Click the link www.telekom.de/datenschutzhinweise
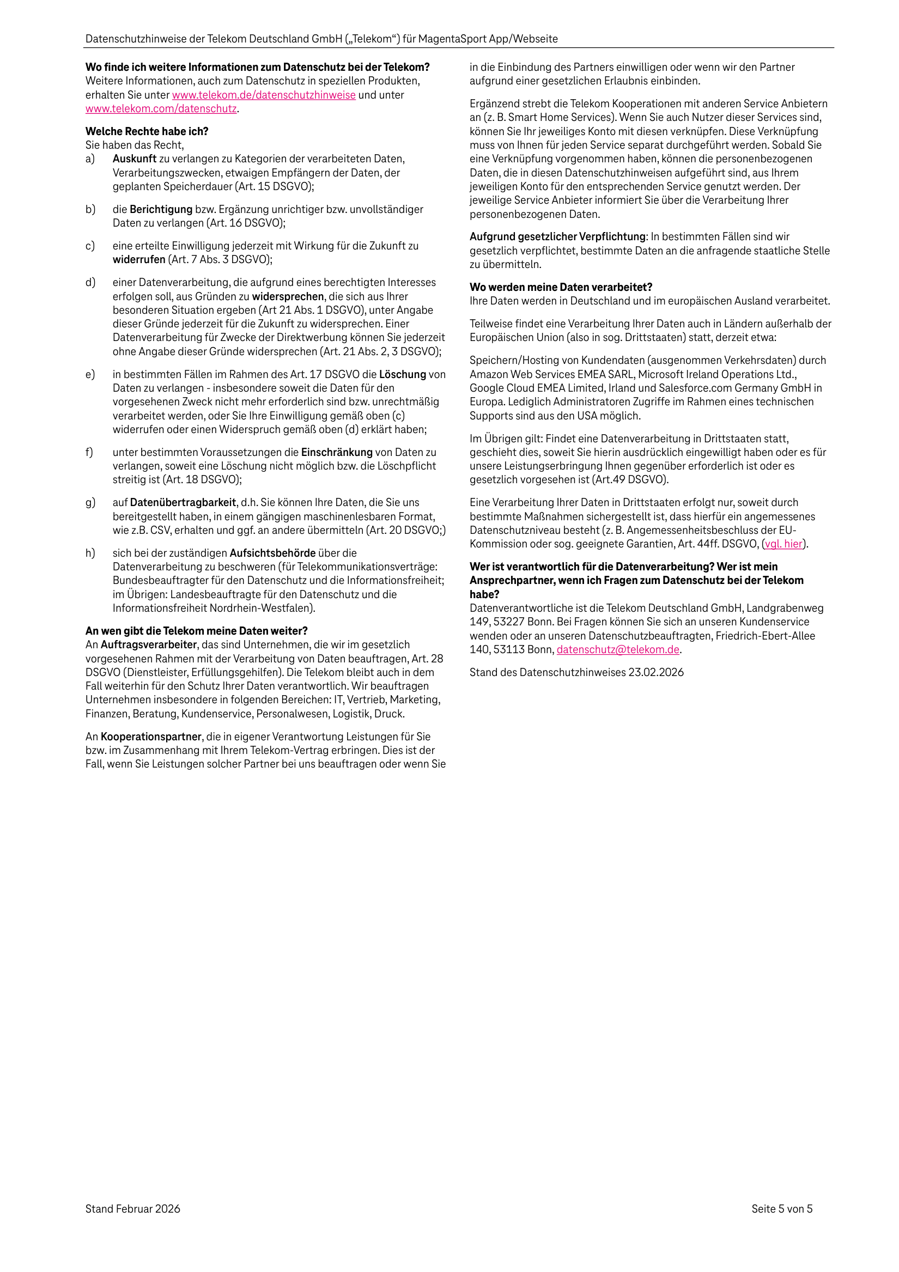264,95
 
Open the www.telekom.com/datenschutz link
161,108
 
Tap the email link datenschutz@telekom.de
618,649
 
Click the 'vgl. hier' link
783,544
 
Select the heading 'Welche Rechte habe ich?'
147,131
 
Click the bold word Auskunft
134,159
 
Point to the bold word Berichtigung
161,209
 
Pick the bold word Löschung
403,374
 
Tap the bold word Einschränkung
336,453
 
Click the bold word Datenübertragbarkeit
183,502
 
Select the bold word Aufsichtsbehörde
272,553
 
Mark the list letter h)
90,553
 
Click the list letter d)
90,283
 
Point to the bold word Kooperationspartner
151,737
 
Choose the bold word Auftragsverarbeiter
149,644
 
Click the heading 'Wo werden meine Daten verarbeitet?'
561,287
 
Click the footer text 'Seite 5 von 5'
781,1209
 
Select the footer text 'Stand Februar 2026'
133,1209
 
